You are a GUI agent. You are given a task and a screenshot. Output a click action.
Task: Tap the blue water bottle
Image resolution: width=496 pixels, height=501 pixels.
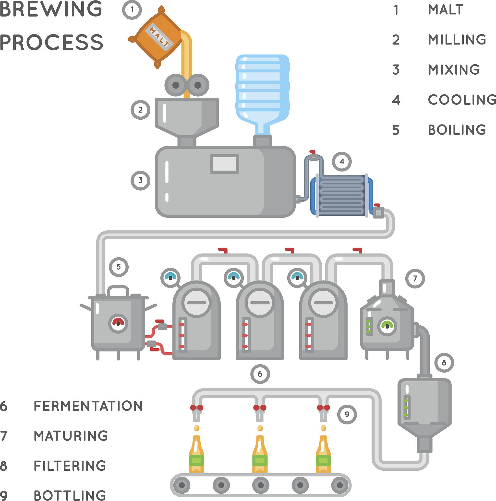click(262, 88)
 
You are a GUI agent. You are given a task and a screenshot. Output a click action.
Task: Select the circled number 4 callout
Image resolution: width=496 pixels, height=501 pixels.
click(342, 161)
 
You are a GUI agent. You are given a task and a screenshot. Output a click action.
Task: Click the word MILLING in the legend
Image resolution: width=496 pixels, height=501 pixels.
click(457, 40)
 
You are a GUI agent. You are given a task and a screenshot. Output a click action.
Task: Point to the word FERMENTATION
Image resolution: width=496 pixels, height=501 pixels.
click(88, 406)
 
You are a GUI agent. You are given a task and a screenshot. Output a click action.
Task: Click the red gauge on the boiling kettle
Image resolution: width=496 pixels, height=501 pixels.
click(118, 323)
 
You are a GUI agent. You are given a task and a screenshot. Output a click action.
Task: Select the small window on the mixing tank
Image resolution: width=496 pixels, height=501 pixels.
click(224, 164)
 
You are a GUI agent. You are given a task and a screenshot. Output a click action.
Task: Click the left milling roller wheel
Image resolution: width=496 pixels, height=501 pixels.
click(176, 85)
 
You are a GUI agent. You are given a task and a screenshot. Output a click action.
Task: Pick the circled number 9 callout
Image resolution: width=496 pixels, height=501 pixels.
click(347, 414)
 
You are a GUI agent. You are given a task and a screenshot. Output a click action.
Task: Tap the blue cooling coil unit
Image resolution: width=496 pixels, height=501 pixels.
click(342, 196)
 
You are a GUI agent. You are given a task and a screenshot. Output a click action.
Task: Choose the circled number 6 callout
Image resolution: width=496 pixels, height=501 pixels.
click(260, 374)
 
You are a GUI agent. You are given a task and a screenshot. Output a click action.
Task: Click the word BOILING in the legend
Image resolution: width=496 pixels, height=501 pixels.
click(457, 130)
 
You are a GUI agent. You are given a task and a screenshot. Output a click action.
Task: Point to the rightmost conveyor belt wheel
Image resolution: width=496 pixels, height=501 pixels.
click(340, 485)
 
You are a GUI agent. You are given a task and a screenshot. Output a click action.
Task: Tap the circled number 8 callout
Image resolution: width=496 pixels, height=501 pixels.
click(444, 363)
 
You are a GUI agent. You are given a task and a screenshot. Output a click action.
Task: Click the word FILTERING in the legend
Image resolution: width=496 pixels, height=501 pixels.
click(70, 466)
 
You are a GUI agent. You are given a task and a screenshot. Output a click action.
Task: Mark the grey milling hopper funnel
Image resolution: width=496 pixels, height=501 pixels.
click(186, 117)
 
